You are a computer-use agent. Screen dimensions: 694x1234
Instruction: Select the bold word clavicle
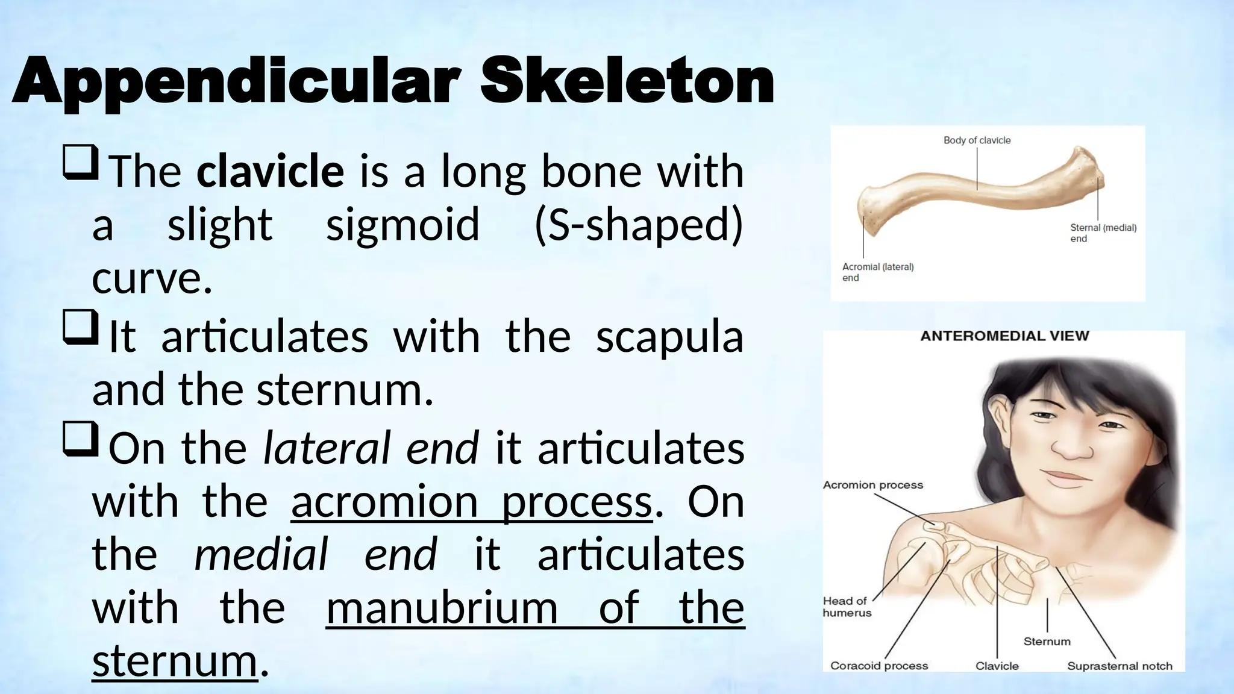[271, 171]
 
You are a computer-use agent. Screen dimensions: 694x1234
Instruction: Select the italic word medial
[261, 554]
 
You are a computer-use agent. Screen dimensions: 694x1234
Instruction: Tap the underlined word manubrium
[442, 607]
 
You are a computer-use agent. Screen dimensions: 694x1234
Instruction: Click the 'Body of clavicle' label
[977, 140]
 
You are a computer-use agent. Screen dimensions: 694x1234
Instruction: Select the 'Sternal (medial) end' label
[1103, 233]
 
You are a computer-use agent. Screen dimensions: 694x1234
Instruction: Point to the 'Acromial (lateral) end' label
[877, 272]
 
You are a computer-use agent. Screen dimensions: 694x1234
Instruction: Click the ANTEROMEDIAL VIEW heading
[1004, 336]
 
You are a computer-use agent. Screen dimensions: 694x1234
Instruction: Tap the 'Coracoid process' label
[879, 666]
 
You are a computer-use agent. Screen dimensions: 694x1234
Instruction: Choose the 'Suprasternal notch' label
[1120, 666]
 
